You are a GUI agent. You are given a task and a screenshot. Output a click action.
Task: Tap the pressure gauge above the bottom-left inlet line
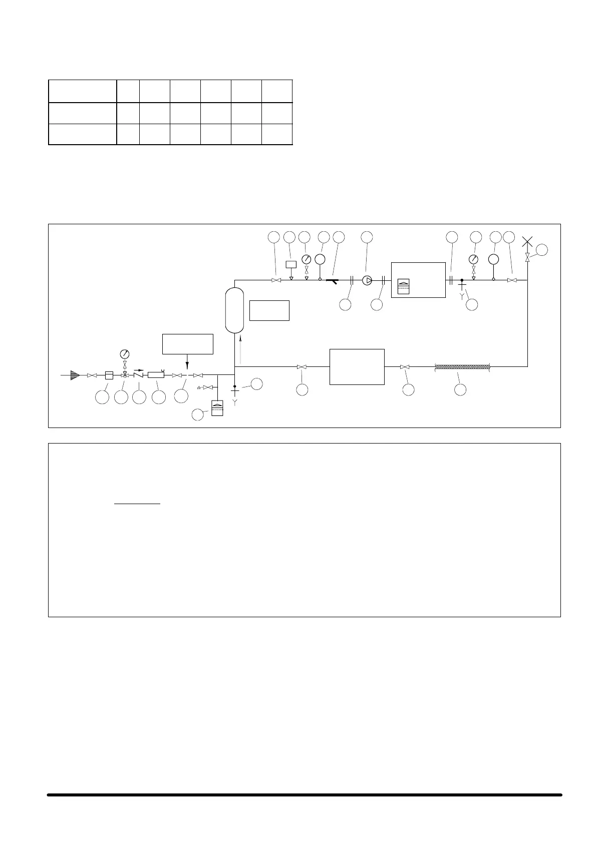click(125, 354)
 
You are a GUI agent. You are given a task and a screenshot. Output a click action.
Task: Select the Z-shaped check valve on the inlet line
click(139, 375)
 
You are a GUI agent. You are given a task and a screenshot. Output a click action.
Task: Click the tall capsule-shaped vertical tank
click(234, 310)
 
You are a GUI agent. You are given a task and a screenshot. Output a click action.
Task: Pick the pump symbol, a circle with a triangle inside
click(367, 280)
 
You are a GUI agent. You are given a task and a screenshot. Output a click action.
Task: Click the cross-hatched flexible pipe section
click(462, 367)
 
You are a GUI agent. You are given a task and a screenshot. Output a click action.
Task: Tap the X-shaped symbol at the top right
click(527, 242)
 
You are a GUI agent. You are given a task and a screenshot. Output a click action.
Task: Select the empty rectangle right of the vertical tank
click(269, 310)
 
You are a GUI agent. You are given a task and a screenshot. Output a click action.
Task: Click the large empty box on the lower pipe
click(357, 367)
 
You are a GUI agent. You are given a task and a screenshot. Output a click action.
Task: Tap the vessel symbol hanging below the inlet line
click(217, 407)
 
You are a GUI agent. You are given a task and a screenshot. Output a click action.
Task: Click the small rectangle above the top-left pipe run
click(291, 264)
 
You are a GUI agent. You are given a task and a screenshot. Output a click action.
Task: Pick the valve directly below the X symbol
click(527, 257)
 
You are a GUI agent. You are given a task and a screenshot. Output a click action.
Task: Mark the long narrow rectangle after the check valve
click(156, 375)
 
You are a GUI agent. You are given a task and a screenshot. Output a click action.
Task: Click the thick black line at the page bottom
click(305, 794)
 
